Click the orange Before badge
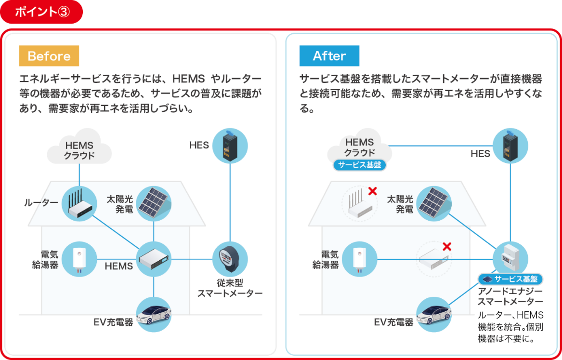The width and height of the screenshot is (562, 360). pyautogui.click(x=49, y=56)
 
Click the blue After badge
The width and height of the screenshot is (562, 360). pyautogui.click(x=329, y=56)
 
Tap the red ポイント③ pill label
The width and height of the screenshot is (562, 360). pyautogui.click(x=41, y=12)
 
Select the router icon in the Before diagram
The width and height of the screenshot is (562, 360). pyautogui.click(x=79, y=204)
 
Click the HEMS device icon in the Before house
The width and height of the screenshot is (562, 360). pyautogui.click(x=154, y=259)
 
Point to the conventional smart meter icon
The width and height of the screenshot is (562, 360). pyautogui.click(x=230, y=259)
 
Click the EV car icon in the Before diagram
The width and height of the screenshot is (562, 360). pyautogui.click(x=154, y=315)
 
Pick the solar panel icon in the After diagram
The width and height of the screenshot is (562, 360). pyautogui.click(x=434, y=204)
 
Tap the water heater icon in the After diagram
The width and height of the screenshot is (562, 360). pyautogui.click(x=359, y=259)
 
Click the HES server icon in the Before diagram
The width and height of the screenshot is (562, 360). pyautogui.click(x=230, y=146)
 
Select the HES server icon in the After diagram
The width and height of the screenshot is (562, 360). pyautogui.click(x=510, y=146)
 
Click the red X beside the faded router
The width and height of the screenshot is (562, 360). pyautogui.click(x=372, y=191)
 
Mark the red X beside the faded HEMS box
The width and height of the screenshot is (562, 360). pyautogui.click(x=446, y=247)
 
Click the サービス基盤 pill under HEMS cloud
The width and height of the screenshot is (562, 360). pyautogui.click(x=359, y=165)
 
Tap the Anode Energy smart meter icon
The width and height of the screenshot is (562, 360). pyautogui.click(x=510, y=259)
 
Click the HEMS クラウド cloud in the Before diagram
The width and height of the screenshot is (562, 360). pyautogui.click(x=79, y=148)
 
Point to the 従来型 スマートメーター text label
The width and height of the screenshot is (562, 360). pyautogui.click(x=230, y=288)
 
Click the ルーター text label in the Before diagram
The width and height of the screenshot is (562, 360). pyautogui.click(x=41, y=203)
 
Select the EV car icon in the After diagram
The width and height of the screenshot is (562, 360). pyautogui.click(x=434, y=315)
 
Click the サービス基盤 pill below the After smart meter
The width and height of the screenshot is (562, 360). pyautogui.click(x=510, y=279)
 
